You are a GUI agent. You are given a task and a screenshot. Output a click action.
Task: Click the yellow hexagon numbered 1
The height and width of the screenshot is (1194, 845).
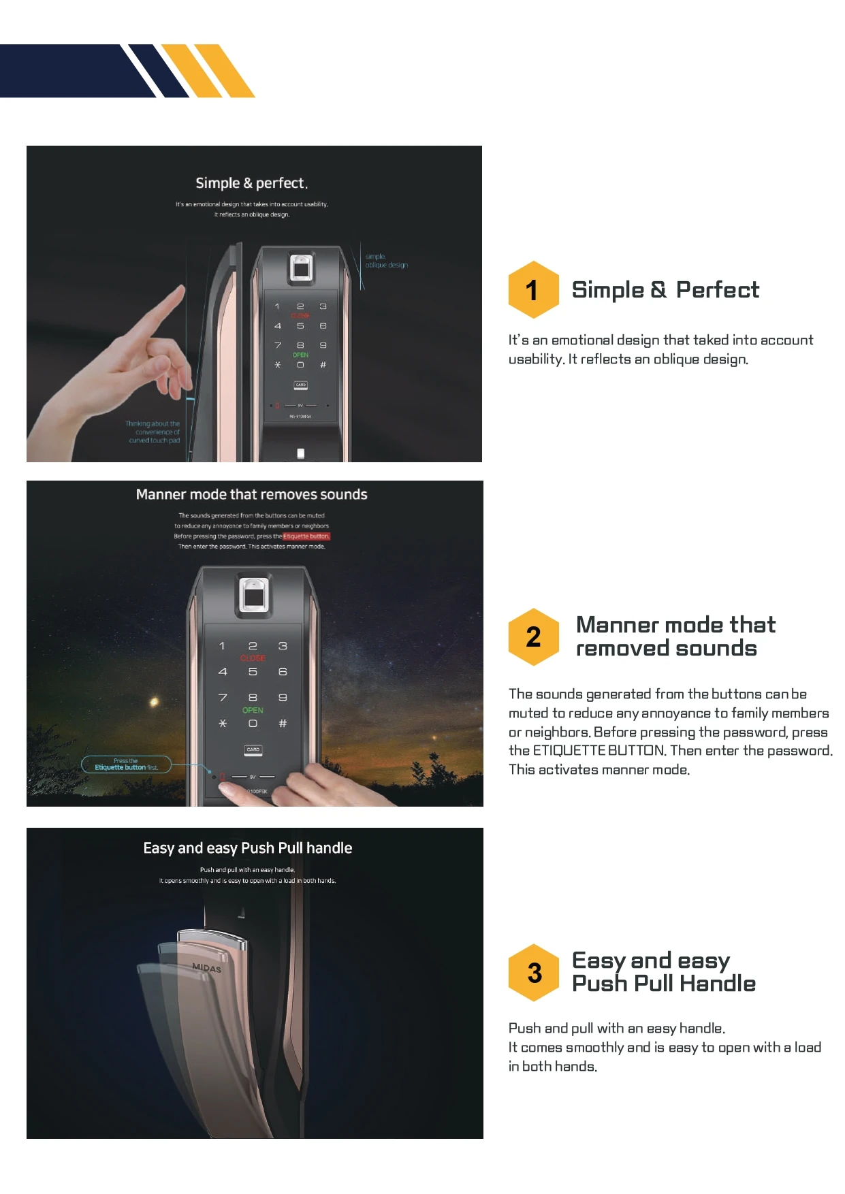[533, 290]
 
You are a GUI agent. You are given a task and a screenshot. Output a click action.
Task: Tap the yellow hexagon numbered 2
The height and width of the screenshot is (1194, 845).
[533, 636]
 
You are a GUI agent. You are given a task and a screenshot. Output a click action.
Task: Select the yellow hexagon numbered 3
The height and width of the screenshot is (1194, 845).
[535, 973]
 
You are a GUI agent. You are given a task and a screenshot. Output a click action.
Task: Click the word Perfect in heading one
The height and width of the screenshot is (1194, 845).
[717, 290]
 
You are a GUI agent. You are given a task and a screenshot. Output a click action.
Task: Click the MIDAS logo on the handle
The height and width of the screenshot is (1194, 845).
[206, 967]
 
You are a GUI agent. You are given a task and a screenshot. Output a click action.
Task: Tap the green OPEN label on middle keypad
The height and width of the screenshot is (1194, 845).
[253, 710]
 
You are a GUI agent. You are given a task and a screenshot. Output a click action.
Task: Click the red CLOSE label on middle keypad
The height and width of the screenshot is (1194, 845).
[253, 658]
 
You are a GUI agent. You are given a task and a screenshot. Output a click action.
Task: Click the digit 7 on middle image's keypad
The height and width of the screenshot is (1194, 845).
[223, 698]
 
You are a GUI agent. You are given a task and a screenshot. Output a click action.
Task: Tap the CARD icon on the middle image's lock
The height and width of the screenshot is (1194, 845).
[253, 749]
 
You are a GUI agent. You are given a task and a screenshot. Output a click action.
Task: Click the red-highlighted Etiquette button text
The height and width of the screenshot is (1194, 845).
[306, 536]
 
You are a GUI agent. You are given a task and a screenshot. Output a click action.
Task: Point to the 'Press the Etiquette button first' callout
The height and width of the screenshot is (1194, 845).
[126, 764]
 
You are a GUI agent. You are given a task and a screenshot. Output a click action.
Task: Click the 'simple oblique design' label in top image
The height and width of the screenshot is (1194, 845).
[386, 261]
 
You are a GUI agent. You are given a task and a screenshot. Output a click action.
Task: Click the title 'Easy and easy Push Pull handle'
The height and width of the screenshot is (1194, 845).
[248, 848]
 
